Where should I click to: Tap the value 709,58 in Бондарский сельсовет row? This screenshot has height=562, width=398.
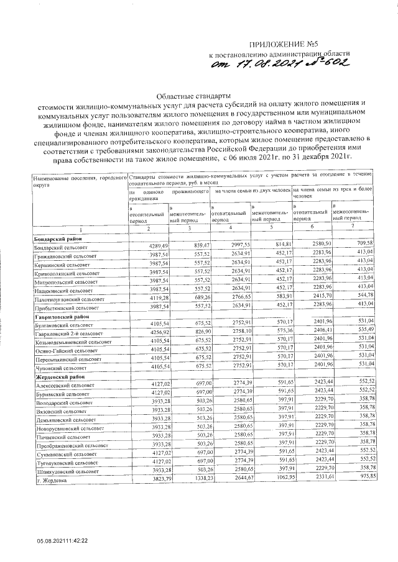coord(362,242)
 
